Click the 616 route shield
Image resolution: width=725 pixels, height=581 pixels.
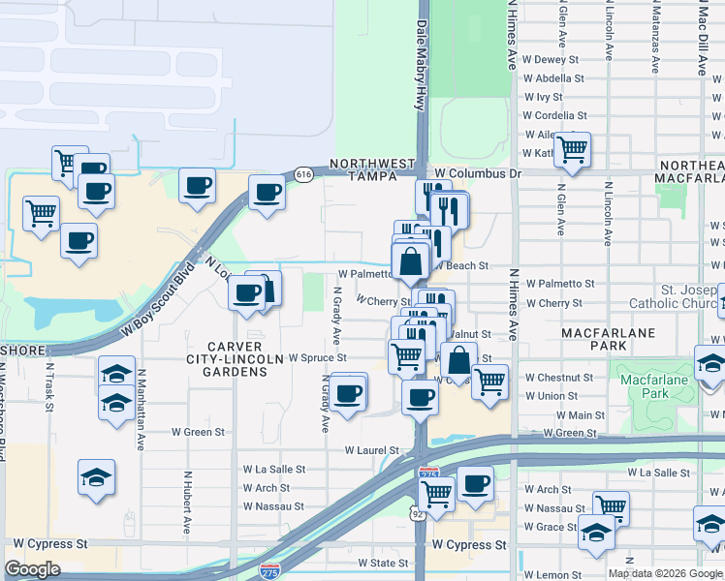point(304,174)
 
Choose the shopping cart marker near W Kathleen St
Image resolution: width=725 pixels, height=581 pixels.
point(573,150)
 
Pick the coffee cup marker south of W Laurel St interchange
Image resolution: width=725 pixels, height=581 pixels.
point(474,483)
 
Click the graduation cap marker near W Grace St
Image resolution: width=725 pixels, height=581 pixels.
point(596,534)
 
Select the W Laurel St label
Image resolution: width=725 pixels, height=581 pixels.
point(372,450)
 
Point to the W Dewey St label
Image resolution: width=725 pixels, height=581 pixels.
point(543,59)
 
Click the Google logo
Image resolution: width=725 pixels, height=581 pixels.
point(33,569)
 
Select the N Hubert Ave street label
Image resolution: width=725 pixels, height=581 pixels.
point(186,503)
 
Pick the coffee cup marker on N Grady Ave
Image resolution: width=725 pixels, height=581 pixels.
point(349,392)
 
